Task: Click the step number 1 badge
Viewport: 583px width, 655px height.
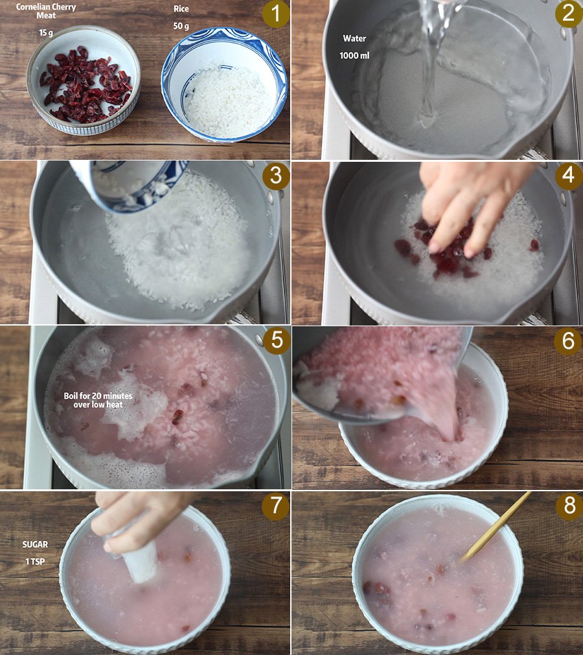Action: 276,14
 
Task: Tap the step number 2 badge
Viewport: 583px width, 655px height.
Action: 568,14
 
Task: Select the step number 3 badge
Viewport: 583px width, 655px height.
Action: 276,176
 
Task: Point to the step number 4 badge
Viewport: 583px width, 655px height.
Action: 568,175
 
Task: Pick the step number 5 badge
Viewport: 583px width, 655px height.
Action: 277,340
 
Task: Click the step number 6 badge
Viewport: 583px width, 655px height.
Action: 568,341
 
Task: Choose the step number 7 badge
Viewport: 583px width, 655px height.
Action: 275,506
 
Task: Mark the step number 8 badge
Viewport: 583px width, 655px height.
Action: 569,506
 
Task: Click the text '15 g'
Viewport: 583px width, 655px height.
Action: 46,32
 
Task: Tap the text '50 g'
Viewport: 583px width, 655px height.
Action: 181,26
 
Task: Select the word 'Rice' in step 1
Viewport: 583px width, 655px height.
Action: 181,9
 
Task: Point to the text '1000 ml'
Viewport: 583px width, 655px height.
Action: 354,55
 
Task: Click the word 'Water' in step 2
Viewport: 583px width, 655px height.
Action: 354,38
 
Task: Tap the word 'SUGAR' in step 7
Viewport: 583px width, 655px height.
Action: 35,544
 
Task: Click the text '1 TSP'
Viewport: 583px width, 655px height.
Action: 35,561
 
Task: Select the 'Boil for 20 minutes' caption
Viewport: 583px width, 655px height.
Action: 98,395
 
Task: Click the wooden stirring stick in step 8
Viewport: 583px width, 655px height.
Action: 496,526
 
